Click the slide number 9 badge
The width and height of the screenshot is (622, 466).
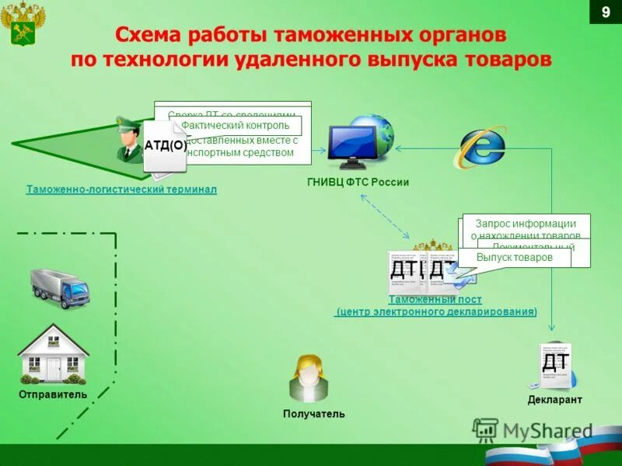point(606,13)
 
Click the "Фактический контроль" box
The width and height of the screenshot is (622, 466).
point(236,126)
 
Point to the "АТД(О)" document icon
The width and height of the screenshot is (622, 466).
point(165,146)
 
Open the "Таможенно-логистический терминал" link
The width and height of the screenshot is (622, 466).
point(121,190)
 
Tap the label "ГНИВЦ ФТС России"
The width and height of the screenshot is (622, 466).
point(358,183)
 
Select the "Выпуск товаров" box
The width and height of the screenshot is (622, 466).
point(514,257)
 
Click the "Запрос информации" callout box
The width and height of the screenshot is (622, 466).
point(526,224)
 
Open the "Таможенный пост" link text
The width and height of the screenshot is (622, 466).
point(435,300)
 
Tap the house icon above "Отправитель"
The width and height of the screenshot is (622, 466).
point(53,354)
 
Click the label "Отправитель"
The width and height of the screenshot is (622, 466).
point(53,395)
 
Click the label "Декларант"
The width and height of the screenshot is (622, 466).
point(554,400)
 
